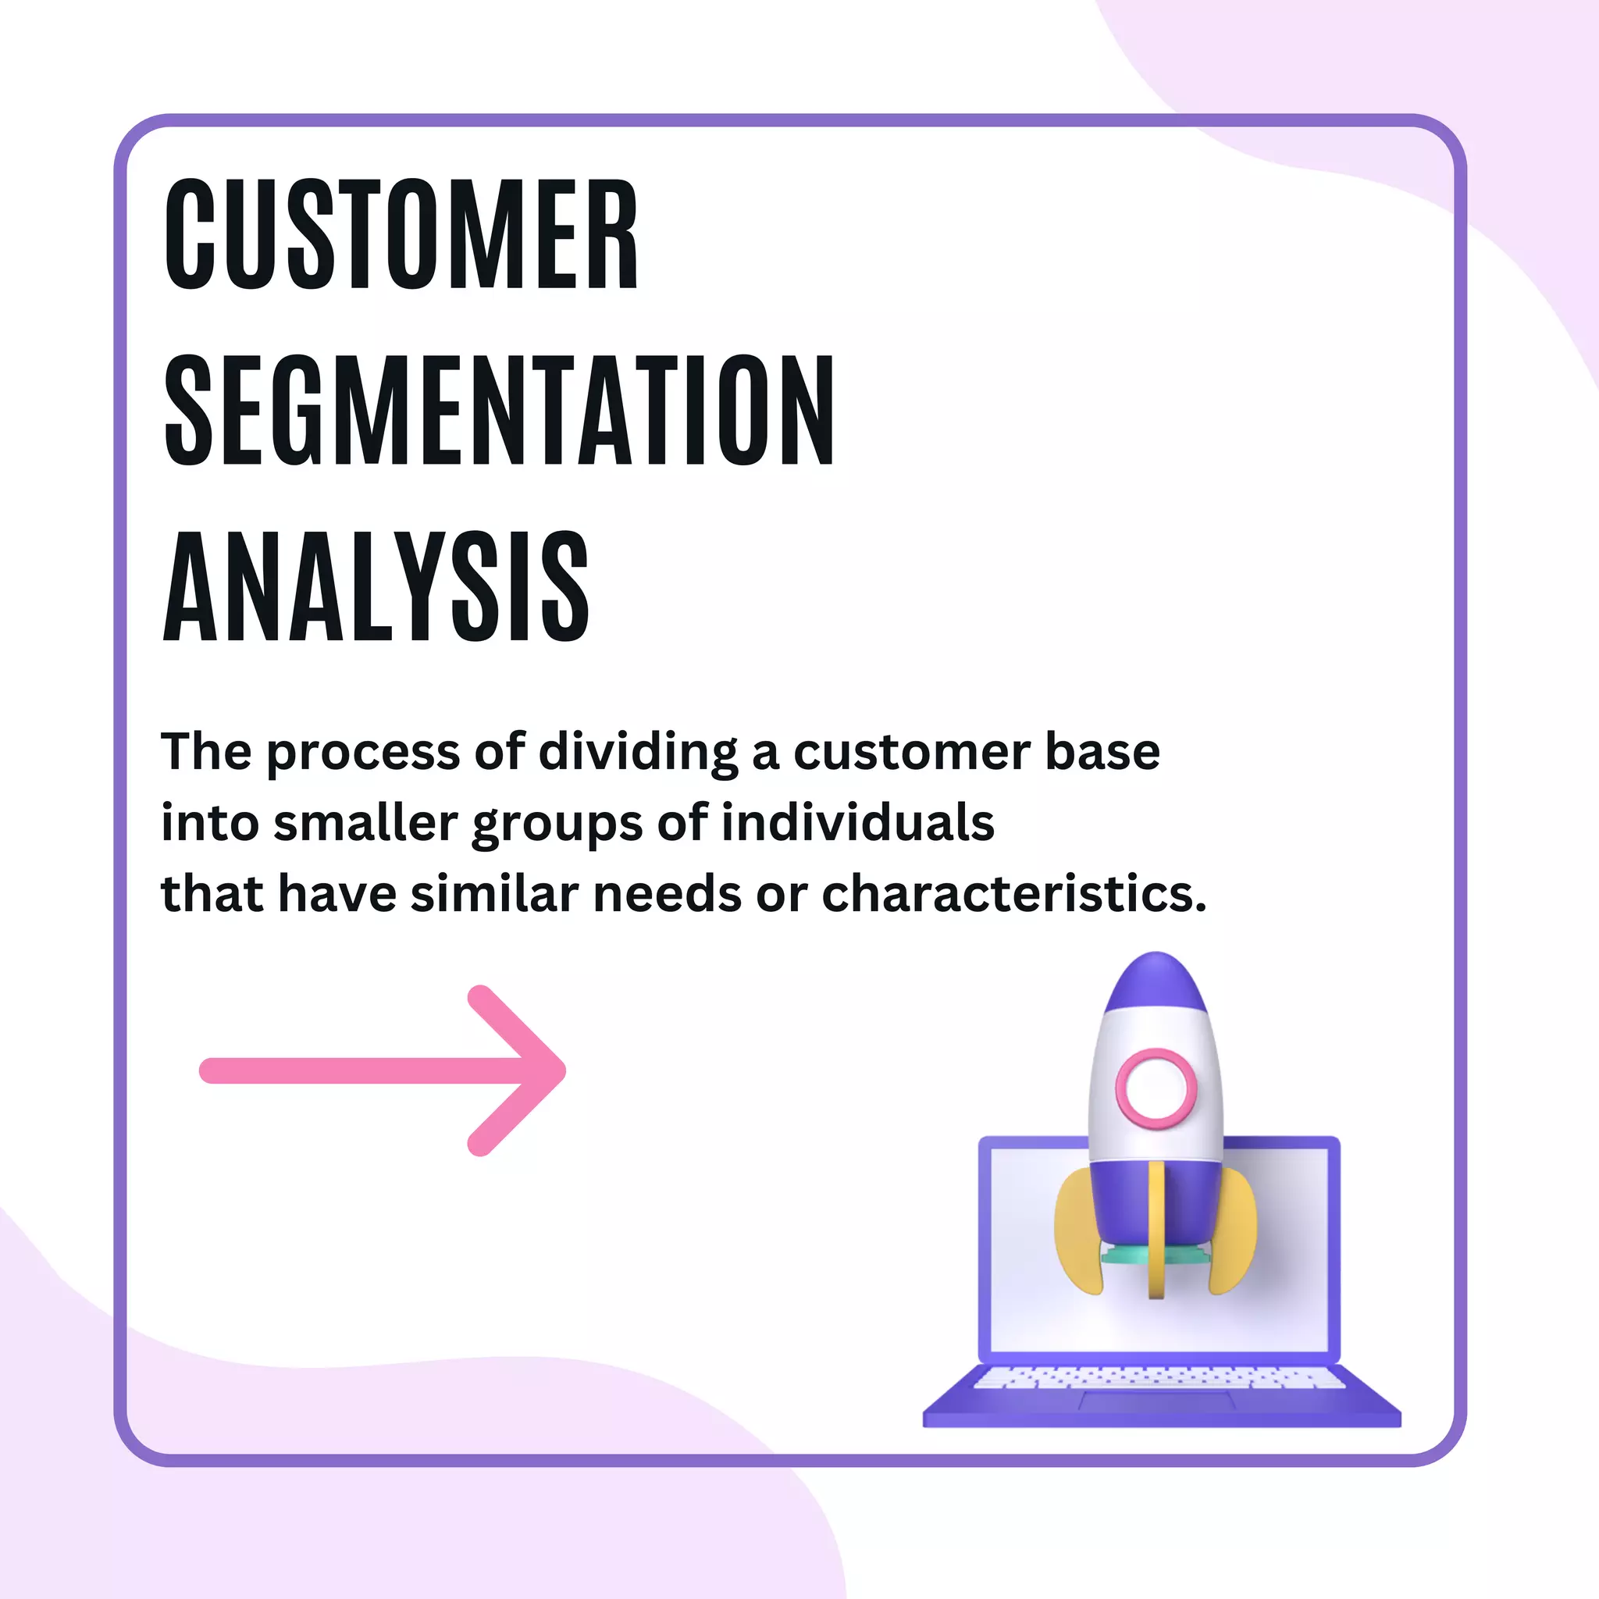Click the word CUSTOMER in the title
tap(401, 234)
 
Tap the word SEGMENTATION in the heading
tap(499, 411)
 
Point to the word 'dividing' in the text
tap(637, 753)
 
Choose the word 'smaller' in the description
tap(365, 824)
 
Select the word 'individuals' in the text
tap(857, 824)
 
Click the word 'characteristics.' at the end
tap(1014, 895)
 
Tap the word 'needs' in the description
tap(667, 895)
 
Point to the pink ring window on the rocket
tap(1156, 1088)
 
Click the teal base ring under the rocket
tap(1126, 1256)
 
